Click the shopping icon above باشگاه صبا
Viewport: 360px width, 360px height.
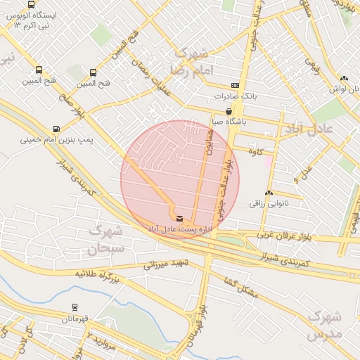pos(229,111)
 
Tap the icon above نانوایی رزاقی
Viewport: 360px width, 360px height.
pos(269,193)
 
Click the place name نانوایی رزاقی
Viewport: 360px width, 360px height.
pos(269,204)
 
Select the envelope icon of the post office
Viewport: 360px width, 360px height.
pos(180,219)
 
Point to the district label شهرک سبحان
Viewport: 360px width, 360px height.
pos(105,239)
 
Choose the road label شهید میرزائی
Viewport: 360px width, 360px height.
pos(167,264)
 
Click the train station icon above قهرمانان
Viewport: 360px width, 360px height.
pos(75,307)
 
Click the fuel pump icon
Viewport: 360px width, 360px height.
pos(56,129)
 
